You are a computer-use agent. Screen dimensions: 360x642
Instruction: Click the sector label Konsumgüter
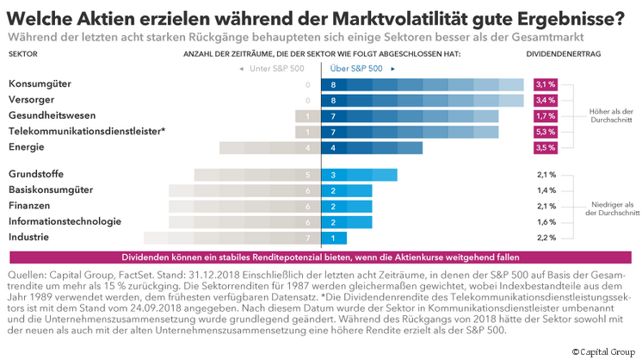click(40, 84)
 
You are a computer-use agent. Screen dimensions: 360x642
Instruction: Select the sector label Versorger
click(33, 100)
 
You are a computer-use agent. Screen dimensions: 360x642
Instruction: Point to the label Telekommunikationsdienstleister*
click(86, 131)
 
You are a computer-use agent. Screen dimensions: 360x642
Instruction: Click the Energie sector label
click(28, 147)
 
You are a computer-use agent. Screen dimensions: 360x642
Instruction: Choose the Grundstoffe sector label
click(36, 174)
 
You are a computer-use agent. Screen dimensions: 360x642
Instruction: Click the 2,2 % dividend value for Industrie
click(546, 237)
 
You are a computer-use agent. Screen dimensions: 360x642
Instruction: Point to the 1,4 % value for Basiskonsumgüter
click(546, 189)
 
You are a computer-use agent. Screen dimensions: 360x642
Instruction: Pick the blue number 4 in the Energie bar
click(333, 147)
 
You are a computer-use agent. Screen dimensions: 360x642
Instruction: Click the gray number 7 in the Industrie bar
click(308, 237)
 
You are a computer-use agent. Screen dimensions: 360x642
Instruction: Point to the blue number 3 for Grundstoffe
click(333, 174)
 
